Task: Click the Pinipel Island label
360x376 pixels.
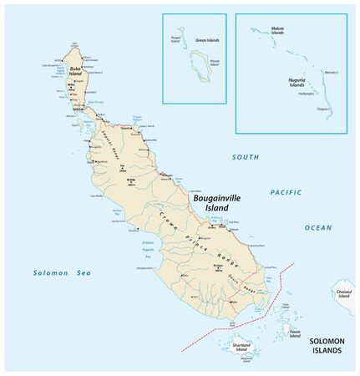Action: pos(175,40)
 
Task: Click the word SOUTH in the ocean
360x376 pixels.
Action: pos(246,156)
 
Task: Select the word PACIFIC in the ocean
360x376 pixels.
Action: pos(285,192)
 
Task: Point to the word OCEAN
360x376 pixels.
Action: pos(317,227)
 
